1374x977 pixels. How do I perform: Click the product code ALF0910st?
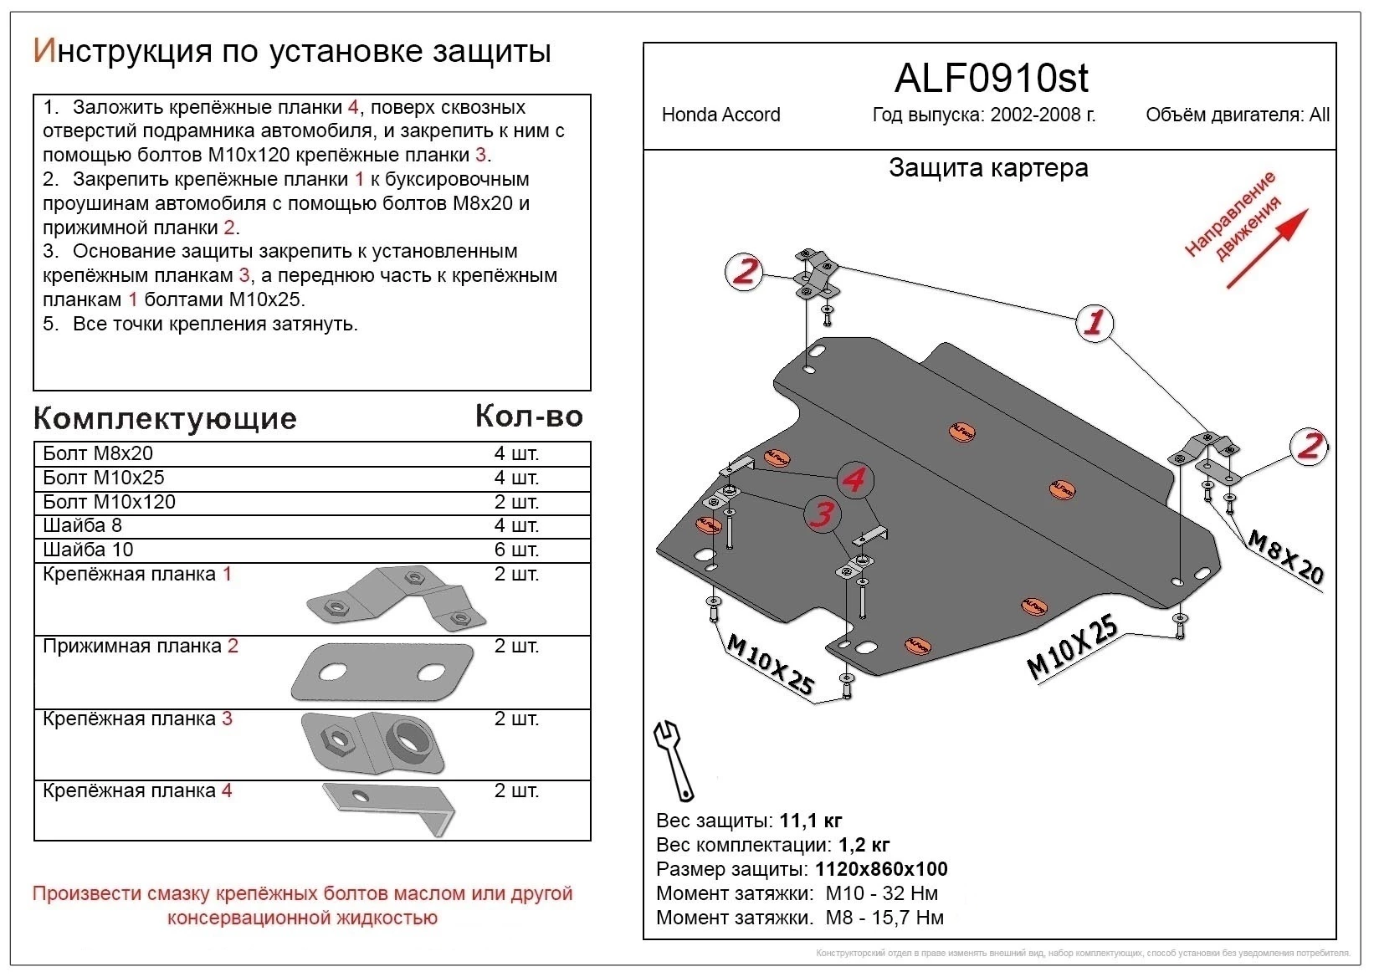click(991, 79)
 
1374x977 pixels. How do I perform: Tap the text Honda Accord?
click(720, 115)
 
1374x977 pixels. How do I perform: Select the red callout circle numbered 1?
click(1094, 322)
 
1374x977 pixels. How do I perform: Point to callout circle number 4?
click(854, 480)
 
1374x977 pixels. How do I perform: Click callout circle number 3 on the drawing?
click(823, 514)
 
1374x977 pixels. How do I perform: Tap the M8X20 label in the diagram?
click(1285, 557)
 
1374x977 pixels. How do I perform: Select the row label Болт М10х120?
click(110, 502)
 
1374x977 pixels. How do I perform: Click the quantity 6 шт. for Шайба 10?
click(516, 550)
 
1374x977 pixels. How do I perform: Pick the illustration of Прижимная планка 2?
click(382, 673)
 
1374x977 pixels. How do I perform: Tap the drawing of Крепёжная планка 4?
click(390, 806)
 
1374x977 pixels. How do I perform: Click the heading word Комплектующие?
click(165, 418)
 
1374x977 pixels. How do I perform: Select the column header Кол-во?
click(529, 416)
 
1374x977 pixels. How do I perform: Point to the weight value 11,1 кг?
click(810, 821)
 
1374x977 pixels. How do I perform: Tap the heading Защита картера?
click(988, 168)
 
